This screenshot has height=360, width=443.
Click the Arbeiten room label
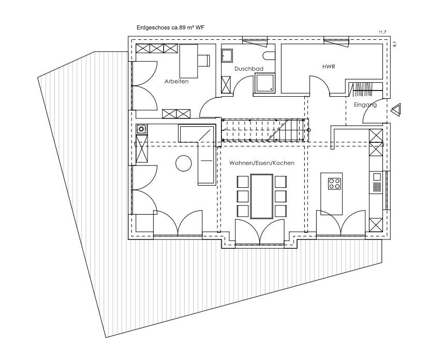click(176, 81)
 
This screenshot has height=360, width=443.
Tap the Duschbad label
click(248, 69)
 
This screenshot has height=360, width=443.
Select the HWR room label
click(329, 67)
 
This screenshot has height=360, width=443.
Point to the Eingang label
click(365, 105)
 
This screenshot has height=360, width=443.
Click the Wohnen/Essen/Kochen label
click(262, 163)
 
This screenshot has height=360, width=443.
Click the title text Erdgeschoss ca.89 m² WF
click(170, 27)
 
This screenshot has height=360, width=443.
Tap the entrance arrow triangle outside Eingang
click(396, 110)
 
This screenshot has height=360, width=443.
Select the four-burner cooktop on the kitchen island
click(334, 184)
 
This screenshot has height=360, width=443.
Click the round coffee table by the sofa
click(183, 163)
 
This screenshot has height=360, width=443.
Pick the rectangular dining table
click(262, 196)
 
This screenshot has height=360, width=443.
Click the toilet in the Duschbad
click(269, 56)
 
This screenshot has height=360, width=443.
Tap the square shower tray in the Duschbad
click(265, 83)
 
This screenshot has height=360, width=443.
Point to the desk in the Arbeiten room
click(189, 61)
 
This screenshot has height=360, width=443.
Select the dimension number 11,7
click(382, 33)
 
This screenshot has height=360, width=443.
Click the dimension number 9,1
click(394, 44)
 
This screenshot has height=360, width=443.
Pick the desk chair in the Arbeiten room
click(204, 61)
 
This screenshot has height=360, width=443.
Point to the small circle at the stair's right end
click(308, 130)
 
